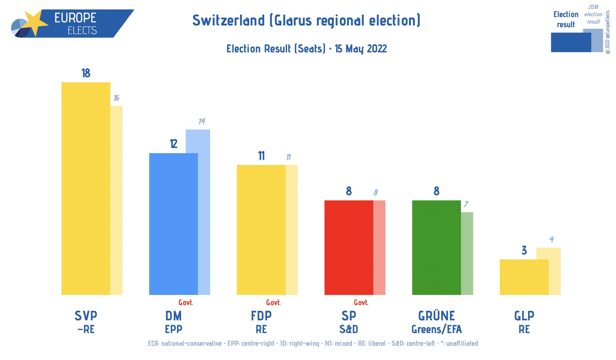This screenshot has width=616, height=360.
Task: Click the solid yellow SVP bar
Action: pyautogui.click(x=86, y=188)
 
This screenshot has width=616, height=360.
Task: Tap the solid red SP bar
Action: pyautogui.click(x=349, y=247)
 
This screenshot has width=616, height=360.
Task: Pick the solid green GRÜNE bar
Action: pyautogui.click(x=436, y=247)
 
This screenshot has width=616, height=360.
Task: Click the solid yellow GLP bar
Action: pyautogui.click(x=524, y=277)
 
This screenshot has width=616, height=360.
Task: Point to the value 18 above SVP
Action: pyautogui.click(x=86, y=73)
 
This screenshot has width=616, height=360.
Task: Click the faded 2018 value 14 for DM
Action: pyautogui.click(x=202, y=121)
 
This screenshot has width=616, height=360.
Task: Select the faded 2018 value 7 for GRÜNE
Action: pyautogui.click(x=466, y=205)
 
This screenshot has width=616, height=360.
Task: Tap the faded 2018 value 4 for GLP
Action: pyautogui.click(x=551, y=240)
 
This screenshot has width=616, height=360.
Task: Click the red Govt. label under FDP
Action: pyautogui.click(x=273, y=303)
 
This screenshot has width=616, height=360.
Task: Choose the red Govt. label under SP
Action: pyautogui.click(x=361, y=303)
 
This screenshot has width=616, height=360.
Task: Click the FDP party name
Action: pyautogui.click(x=261, y=316)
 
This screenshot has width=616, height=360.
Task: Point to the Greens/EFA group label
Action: pyautogui.click(x=436, y=329)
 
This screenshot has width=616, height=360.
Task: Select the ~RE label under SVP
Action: pyautogui.click(x=86, y=329)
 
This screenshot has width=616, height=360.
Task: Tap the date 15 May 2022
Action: pyautogui.click(x=361, y=49)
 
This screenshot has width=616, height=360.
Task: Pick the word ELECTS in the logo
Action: pyautogui.click(x=82, y=31)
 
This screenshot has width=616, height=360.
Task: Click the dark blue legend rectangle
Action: pyautogui.click(x=571, y=42)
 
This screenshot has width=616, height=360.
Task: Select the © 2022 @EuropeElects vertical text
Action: pyautogui.click(x=608, y=32)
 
